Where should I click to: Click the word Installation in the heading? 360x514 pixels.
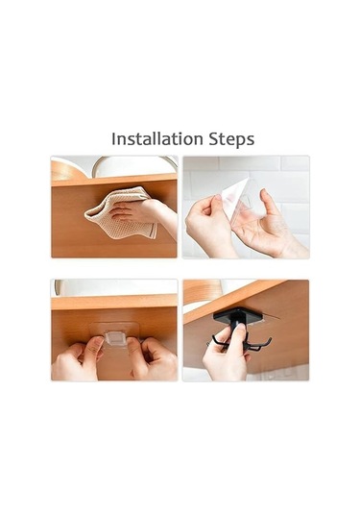(x=156, y=138)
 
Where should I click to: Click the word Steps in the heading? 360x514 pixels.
(x=231, y=139)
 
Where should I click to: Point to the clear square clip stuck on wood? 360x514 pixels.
(x=114, y=337)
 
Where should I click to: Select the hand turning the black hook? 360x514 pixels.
(x=226, y=354)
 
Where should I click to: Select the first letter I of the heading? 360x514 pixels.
(x=113, y=138)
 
